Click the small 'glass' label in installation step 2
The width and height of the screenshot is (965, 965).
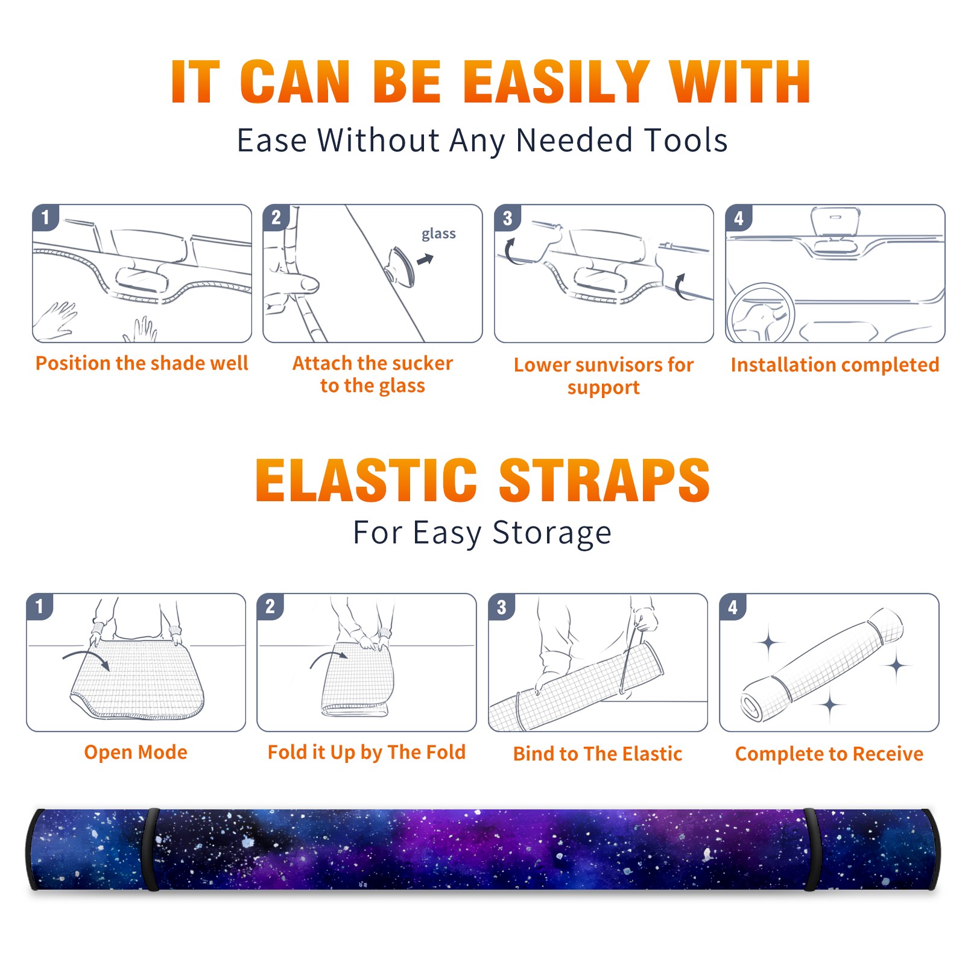pos(438,233)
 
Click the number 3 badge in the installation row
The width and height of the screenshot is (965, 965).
pos(508,218)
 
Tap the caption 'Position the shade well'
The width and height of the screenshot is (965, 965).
pos(142,363)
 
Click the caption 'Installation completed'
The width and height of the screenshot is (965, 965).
pos(835,364)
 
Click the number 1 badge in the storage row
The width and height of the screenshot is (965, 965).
pos(40,606)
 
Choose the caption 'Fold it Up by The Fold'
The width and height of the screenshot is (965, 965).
pos(367,752)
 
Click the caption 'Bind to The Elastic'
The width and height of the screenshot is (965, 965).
pos(598,753)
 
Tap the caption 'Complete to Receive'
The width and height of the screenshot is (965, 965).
pos(829,753)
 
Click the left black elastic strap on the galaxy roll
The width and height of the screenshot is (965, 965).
pos(151,849)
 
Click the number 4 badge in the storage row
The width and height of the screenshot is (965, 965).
pos(733,606)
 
